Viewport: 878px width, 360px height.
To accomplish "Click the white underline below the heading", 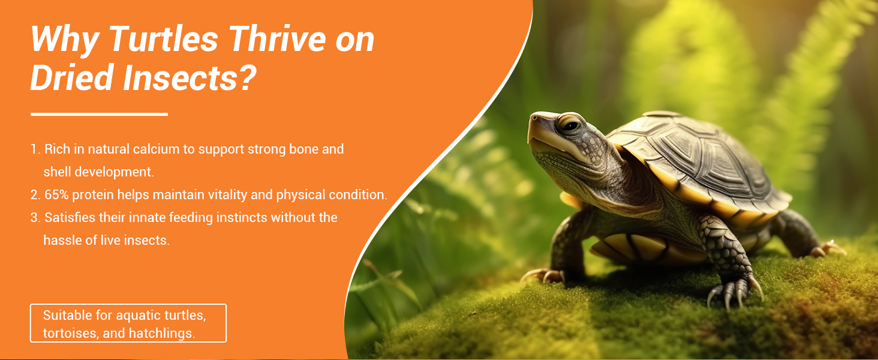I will [x=99, y=114].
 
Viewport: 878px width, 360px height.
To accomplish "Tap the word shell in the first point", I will [x=58, y=172].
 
